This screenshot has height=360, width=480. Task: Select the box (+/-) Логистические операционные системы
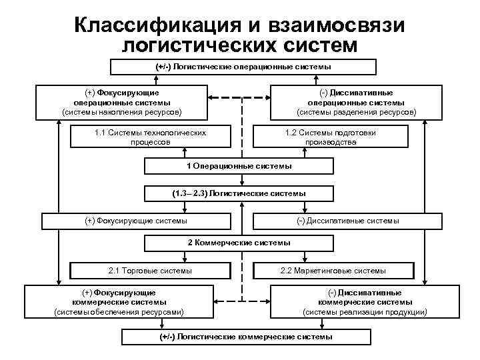point(243,67)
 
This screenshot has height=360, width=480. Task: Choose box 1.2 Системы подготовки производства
point(330,137)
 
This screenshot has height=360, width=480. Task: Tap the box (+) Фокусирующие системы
point(136,221)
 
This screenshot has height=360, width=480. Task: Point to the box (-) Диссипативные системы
point(347,221)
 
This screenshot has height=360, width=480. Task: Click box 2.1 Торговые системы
point(150,271)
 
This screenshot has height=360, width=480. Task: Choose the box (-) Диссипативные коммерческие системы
point(365,302)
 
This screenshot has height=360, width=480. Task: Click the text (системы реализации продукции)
point(365,312)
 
